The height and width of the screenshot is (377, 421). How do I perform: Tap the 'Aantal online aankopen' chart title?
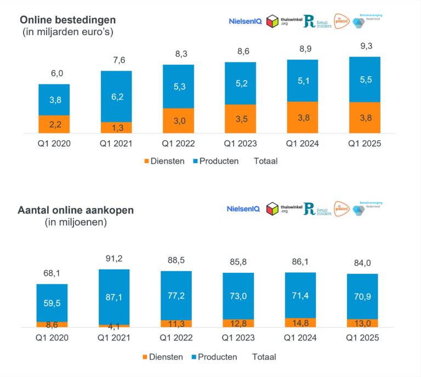click(76, 210)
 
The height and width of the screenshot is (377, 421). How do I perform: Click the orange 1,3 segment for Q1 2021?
click(116, 128)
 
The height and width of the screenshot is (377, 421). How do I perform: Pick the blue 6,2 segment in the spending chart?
click(116, 96)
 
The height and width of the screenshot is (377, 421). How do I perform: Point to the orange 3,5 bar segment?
click(240, 119)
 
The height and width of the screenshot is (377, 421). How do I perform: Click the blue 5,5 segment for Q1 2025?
click(365, 79)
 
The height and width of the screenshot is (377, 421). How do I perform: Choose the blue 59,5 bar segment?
click(52, 302)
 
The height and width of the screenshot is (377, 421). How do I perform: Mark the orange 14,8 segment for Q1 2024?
click(300, 323)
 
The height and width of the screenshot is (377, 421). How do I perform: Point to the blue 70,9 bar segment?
click(362, 296)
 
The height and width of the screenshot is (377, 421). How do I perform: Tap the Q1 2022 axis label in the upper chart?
click(178, 144)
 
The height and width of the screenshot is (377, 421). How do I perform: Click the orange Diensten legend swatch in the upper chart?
click(146, 161)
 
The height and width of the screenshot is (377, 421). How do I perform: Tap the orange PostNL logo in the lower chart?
click(342, 209)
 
